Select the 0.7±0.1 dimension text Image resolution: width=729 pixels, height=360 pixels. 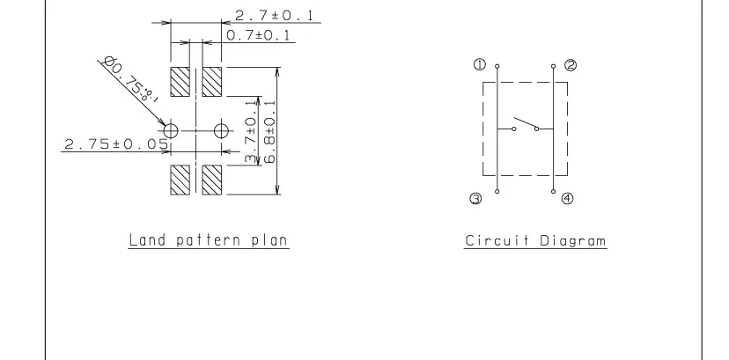tap(260, 36)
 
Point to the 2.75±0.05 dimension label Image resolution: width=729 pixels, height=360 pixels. tap(115, 144)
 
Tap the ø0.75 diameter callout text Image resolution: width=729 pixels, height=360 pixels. tap(130, 80)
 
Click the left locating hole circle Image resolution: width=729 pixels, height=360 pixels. tap(172, 130)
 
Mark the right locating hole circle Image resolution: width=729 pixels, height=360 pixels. tap(220, 130)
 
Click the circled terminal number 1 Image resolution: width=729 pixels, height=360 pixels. tap(480, 64)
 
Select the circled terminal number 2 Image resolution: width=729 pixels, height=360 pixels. tap(571, 65)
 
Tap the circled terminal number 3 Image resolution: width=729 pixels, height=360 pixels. tap(476, 200)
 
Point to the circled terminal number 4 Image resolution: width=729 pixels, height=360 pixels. tap(567, 199)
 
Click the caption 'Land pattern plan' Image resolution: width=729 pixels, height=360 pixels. tap(209, 239)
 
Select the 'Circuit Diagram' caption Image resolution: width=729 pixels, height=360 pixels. tap(535, 240)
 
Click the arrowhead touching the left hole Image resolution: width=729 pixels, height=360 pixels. tap(164, 124)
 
